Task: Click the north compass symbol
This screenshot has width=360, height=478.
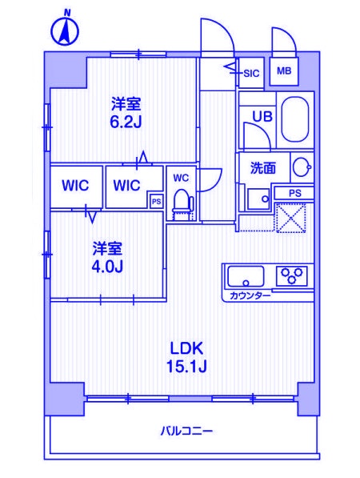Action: coord(64,30)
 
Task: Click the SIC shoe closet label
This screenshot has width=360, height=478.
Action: coord(251,73)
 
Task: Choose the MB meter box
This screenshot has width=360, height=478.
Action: coord(284,71)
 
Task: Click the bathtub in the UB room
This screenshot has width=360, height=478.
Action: coord(295,122)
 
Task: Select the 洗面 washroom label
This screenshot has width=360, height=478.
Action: coord(262,168)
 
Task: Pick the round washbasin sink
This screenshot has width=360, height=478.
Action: coord(301,168)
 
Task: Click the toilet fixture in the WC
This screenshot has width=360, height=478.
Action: coord(182,200)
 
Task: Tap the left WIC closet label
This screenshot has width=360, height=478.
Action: coord(76,186)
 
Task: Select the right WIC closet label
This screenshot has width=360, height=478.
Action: coord(126,186)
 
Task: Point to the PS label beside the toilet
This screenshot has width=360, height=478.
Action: coord(156,202)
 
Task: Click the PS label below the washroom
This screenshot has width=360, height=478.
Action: coord(294,193)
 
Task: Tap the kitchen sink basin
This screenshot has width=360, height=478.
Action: coord(246,277)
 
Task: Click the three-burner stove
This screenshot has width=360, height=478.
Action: coord(292,276)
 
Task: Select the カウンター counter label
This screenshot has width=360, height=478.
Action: coord(250,295)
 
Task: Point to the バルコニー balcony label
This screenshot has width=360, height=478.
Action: coord(186,432)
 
